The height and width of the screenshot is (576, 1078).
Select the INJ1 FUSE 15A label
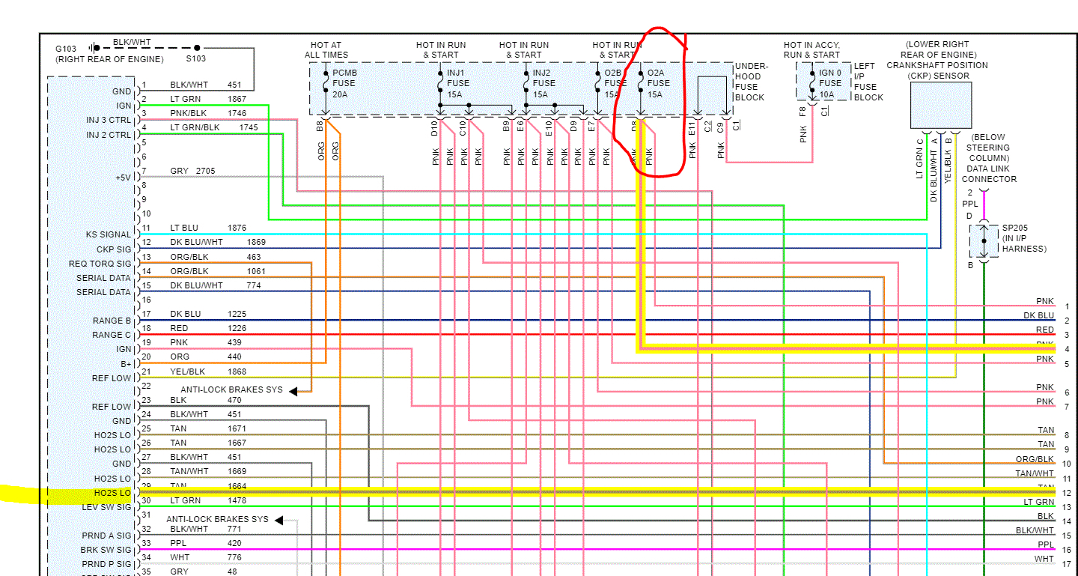pos(458,83)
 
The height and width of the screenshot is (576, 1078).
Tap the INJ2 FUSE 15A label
pos(544,83)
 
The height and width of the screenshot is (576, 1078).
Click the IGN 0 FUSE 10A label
pos(831,83)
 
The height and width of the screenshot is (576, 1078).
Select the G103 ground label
pos(65,49)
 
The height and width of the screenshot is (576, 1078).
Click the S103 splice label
pos(196,58)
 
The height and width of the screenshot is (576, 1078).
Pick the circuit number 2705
pos(205,171)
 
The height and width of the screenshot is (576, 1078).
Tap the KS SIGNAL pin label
pos(109,234)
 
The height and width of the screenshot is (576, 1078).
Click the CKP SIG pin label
pos(114,249)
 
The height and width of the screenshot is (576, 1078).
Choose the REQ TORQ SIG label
pos(100,264)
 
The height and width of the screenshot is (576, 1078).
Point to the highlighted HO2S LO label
pos(112,493)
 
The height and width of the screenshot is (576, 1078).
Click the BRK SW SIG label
pos(106,550)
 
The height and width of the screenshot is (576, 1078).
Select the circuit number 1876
pos(237,228)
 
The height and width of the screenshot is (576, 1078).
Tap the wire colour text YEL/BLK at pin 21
pos(187,372)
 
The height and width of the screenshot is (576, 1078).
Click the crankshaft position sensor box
pos(941,106)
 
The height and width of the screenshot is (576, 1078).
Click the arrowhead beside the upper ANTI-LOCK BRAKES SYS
pos(294,390)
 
